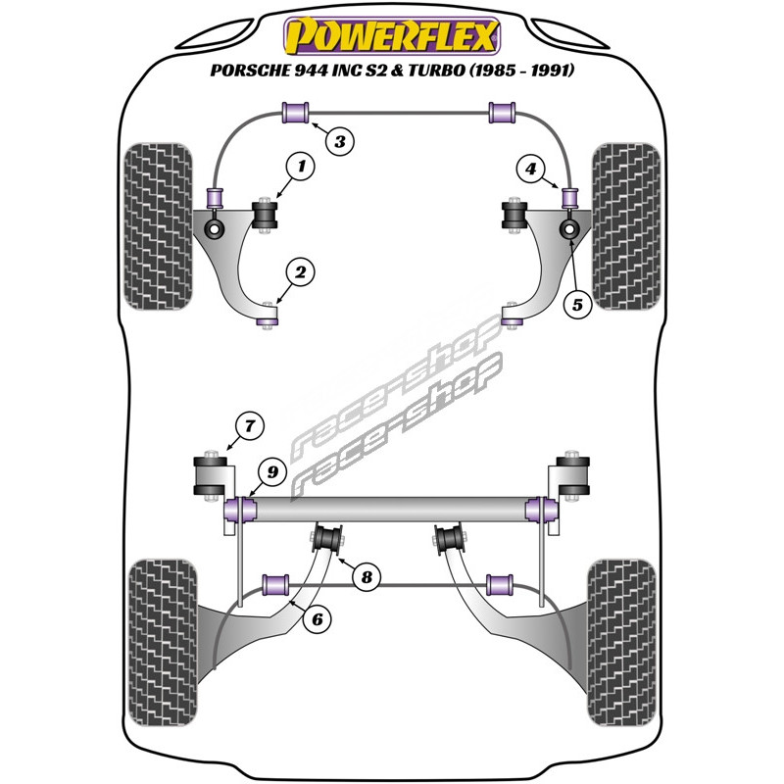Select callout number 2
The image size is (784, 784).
point(301,272)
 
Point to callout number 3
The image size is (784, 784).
point(339,143)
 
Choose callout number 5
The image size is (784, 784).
point(576,305)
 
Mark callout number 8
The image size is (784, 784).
point(367,577)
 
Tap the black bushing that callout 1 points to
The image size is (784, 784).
point(266,216)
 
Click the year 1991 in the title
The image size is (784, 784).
point(549,71)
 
